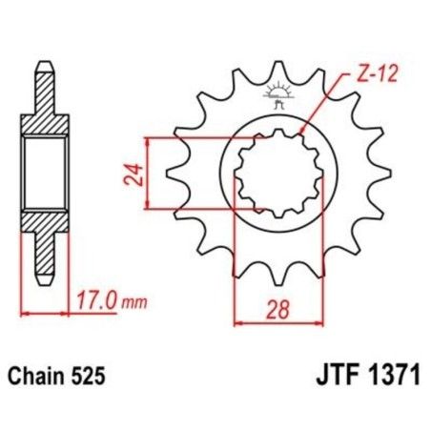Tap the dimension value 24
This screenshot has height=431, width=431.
click(x=136, y=174)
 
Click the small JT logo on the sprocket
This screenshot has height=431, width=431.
click(x=278, y=95)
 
